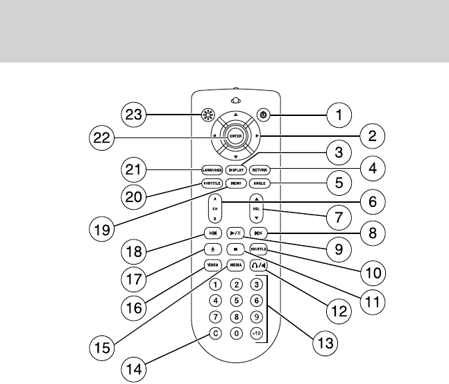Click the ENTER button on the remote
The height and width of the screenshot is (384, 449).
coord(236,135)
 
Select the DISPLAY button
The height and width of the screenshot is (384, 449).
coord(236,169)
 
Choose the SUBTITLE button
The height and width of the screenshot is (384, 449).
coord(212,183)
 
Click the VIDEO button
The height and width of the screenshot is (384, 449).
coord(212,265)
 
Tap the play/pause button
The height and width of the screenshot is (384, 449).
coord(236,233)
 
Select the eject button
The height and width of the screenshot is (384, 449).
coord(212,249)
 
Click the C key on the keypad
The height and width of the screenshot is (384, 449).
coord(216,333)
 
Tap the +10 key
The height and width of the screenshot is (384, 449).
coord(257,333)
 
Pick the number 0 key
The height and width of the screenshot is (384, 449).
coord(237,333)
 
